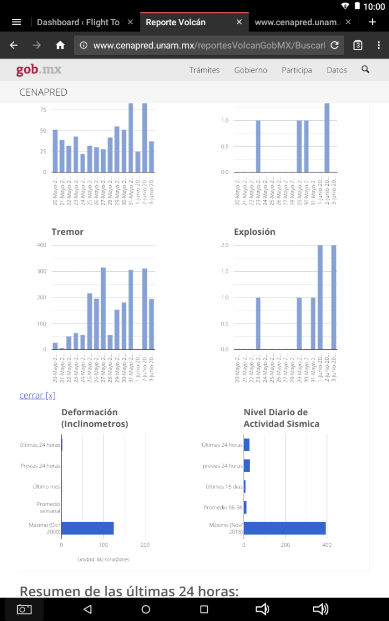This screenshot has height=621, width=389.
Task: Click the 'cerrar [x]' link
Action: [37, 395]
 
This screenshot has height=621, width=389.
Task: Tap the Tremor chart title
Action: [67, 232]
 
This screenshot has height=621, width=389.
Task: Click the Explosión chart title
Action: [254, 232]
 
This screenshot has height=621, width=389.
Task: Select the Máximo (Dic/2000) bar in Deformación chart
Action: [88, 528]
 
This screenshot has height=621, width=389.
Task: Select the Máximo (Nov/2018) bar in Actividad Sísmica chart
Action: [285, 528]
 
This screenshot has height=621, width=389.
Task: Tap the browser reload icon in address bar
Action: [334, 45]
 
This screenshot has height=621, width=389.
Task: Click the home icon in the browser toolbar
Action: [60, 45]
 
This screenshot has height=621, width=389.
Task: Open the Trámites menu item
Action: [204, 70]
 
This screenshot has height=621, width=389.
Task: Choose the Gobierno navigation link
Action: [251, 70]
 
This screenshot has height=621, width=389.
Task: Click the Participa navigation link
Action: [297, 70]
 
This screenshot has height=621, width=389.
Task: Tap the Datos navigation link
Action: [337, 70]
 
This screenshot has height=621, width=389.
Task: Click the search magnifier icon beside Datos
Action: [365, 69]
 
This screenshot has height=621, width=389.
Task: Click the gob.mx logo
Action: [39, 70]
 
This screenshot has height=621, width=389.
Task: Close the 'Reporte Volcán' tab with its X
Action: [239, 22]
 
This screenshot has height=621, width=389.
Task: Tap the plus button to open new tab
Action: [372, 22]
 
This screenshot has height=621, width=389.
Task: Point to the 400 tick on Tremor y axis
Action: [41, 245]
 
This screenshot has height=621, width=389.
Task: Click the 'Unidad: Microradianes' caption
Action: [103, 559]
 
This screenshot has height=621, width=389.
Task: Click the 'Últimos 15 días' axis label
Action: [224, 487]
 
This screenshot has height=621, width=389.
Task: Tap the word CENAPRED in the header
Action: [44, 92]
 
